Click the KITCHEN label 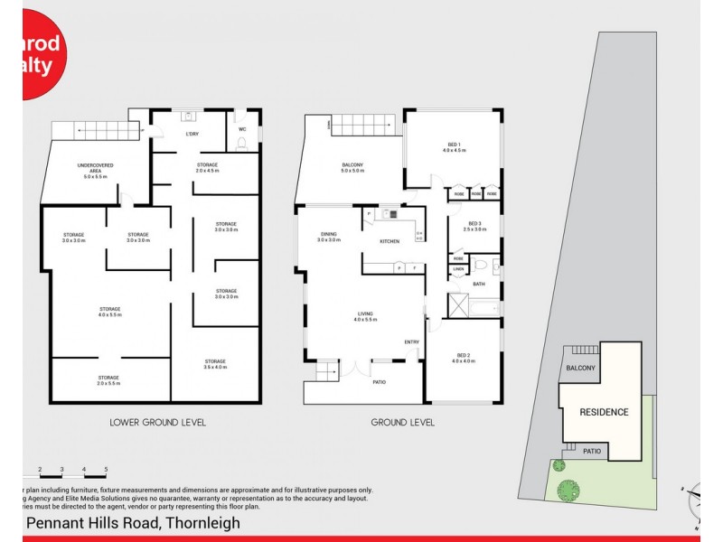[x=390, y=241]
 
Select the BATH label [x=478, y=284]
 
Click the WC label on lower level [x=242, y=129]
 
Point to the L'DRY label [x=192, y=134]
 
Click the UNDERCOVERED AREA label [x=95, y=169]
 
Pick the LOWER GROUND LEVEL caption [x=157, y=422]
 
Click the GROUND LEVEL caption [x=403, y=422]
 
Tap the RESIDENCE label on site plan [x=604, y=412]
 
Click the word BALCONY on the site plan [x=581, y=368]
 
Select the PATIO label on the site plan [x=592, y=451]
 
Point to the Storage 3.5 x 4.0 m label [x=215, y=363]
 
